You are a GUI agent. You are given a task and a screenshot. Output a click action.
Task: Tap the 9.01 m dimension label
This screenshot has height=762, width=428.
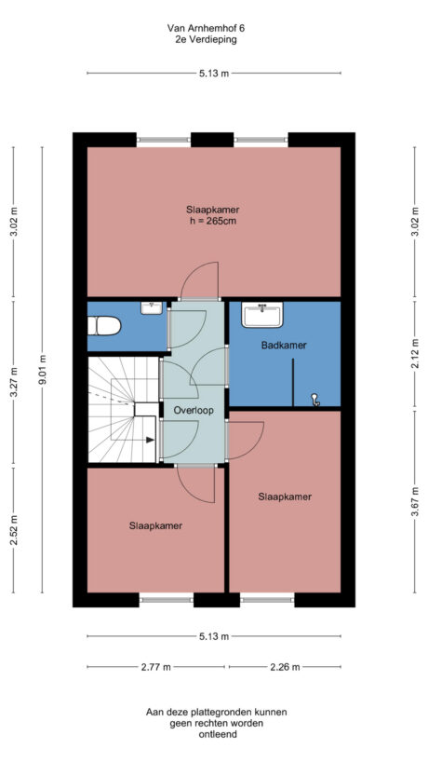click(42, 369)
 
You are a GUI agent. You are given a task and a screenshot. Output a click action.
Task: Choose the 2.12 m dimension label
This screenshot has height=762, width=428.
click(414, 355)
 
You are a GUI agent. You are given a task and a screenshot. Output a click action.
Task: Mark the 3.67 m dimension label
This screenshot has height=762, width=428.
click(414, 504)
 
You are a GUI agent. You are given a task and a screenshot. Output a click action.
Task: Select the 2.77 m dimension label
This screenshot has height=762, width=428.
click(155, 667)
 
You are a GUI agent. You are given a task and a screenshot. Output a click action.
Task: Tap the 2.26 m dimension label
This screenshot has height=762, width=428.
click(284, 667)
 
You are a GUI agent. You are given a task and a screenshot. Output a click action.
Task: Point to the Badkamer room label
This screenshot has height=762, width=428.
click(284, 345)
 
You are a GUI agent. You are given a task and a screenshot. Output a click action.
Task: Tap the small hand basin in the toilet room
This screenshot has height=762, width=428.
click(152, 306)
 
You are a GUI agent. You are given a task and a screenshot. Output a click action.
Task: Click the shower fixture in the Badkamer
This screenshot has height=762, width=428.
click(316, 400)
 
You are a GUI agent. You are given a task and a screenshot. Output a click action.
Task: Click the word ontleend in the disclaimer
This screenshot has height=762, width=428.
click(216, 734)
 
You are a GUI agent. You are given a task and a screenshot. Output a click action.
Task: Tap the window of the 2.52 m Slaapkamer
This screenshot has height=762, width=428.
click(166, 598)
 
